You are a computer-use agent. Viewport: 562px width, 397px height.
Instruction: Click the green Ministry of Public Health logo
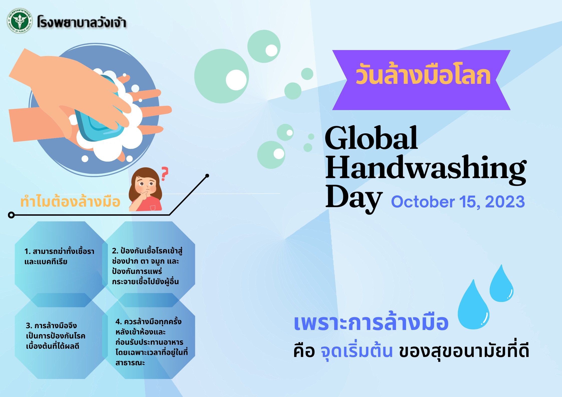point(20,21)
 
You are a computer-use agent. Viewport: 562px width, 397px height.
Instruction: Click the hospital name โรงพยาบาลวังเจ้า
point(82,22)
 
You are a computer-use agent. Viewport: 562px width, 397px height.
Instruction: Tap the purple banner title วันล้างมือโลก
point(423,74)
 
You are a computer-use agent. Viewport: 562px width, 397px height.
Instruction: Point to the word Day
point(353,198)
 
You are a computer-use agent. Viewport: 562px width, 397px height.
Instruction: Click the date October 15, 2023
point(458,202)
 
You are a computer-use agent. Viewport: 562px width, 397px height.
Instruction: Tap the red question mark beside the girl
point(164,174)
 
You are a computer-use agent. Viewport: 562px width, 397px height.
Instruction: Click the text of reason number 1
point(59,256)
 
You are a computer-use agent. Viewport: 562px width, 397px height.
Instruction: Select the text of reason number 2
point(147,266)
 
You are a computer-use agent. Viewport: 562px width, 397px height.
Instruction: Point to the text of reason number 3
point(56,336)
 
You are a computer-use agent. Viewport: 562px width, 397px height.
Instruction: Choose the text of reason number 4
point(151,342)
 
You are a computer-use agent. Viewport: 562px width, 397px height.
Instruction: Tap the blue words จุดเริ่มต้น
point(357,351)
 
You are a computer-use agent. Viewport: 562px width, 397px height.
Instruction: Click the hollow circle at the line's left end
point(11,215)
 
